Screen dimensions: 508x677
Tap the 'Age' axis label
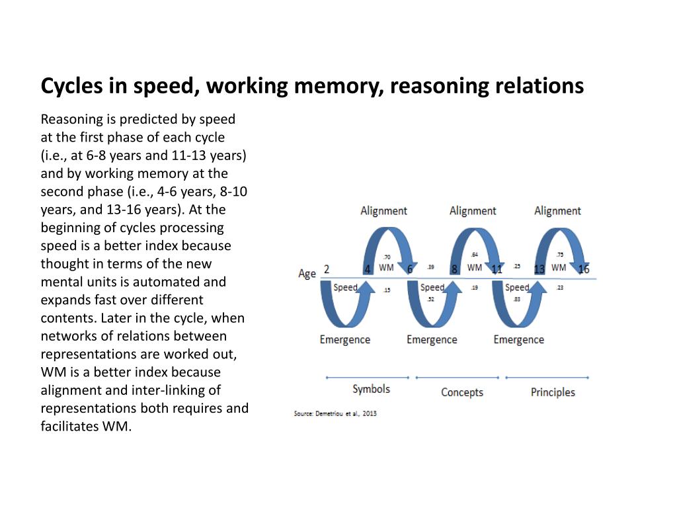307,274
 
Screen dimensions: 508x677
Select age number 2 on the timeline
327,269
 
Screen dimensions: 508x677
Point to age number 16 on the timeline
584,269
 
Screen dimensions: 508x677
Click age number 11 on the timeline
497,269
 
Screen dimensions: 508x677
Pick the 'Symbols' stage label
371,389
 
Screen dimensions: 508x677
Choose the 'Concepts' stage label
462,392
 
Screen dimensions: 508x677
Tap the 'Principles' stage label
553,392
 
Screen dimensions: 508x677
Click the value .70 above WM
387,257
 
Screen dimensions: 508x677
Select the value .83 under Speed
516,300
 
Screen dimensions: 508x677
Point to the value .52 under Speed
431,300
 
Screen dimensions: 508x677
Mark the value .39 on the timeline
430,267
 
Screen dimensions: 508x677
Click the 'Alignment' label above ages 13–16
557,211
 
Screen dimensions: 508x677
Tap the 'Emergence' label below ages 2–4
344,339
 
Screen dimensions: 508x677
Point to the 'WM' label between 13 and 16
559,268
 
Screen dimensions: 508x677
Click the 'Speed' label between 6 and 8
432,288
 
